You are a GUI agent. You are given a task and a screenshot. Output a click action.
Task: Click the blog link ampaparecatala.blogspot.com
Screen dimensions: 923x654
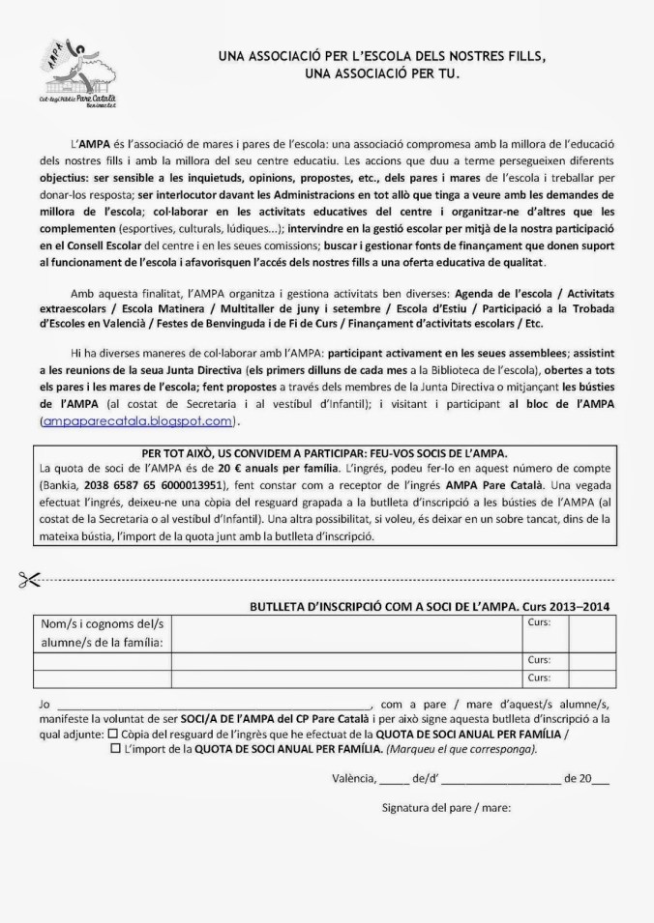point(138,421)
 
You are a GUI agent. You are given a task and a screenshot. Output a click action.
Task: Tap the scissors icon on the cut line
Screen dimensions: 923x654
point(24,578)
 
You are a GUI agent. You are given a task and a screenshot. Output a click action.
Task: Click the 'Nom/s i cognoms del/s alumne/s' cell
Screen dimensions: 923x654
point(98,632)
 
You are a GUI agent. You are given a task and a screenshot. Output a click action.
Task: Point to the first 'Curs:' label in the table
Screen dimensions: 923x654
point(539,623)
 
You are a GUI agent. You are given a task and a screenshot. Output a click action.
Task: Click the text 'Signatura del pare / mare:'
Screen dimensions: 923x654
point(446,807)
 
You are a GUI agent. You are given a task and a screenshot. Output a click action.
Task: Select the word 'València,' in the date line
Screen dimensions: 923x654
point(350,776)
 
